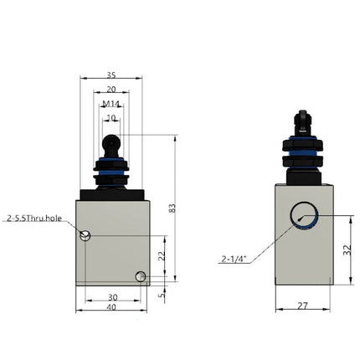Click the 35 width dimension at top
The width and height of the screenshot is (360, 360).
111,74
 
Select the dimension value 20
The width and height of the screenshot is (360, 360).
111,89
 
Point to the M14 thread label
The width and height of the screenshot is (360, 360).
111,104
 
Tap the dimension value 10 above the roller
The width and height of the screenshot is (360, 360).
111,118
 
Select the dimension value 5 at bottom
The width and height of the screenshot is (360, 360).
162,295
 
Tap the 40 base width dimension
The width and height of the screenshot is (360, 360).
111,308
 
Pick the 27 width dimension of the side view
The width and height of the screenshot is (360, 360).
301,306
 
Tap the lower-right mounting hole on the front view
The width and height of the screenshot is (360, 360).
141,276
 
